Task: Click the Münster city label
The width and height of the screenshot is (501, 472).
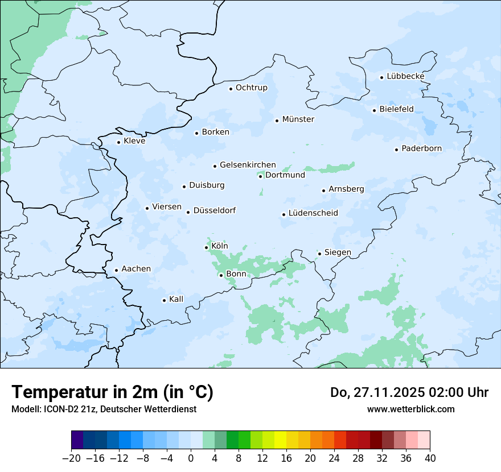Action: point(298,119)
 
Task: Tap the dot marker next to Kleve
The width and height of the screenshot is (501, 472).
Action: point(118,142)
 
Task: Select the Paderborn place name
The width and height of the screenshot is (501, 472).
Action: point(421,149)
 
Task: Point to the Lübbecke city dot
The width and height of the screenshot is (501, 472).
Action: point(381,77)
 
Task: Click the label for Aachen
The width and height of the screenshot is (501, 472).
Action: point(136,269)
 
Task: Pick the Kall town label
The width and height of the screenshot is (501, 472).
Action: point(176,299)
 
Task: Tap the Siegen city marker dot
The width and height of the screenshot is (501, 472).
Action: point(319,254)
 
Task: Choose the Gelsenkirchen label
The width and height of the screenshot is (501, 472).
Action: point(248,165)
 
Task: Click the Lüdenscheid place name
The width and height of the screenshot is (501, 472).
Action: point(313,213)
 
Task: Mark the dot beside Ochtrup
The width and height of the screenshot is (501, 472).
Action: point(231,89)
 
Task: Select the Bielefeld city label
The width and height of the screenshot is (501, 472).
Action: point(396,109)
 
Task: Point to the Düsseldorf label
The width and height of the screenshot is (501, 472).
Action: point(215,210)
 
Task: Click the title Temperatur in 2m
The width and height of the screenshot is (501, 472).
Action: point(112,392)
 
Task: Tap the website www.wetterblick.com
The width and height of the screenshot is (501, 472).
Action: point(410,409)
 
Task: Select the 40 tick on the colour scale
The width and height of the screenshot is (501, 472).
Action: point(430,458)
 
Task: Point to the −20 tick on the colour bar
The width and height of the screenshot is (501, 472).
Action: point(71,458)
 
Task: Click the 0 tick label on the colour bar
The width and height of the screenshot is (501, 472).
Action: point(191,458)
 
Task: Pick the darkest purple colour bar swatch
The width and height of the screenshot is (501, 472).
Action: point(77,440)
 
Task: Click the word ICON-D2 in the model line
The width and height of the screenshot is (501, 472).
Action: point(58,409)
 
